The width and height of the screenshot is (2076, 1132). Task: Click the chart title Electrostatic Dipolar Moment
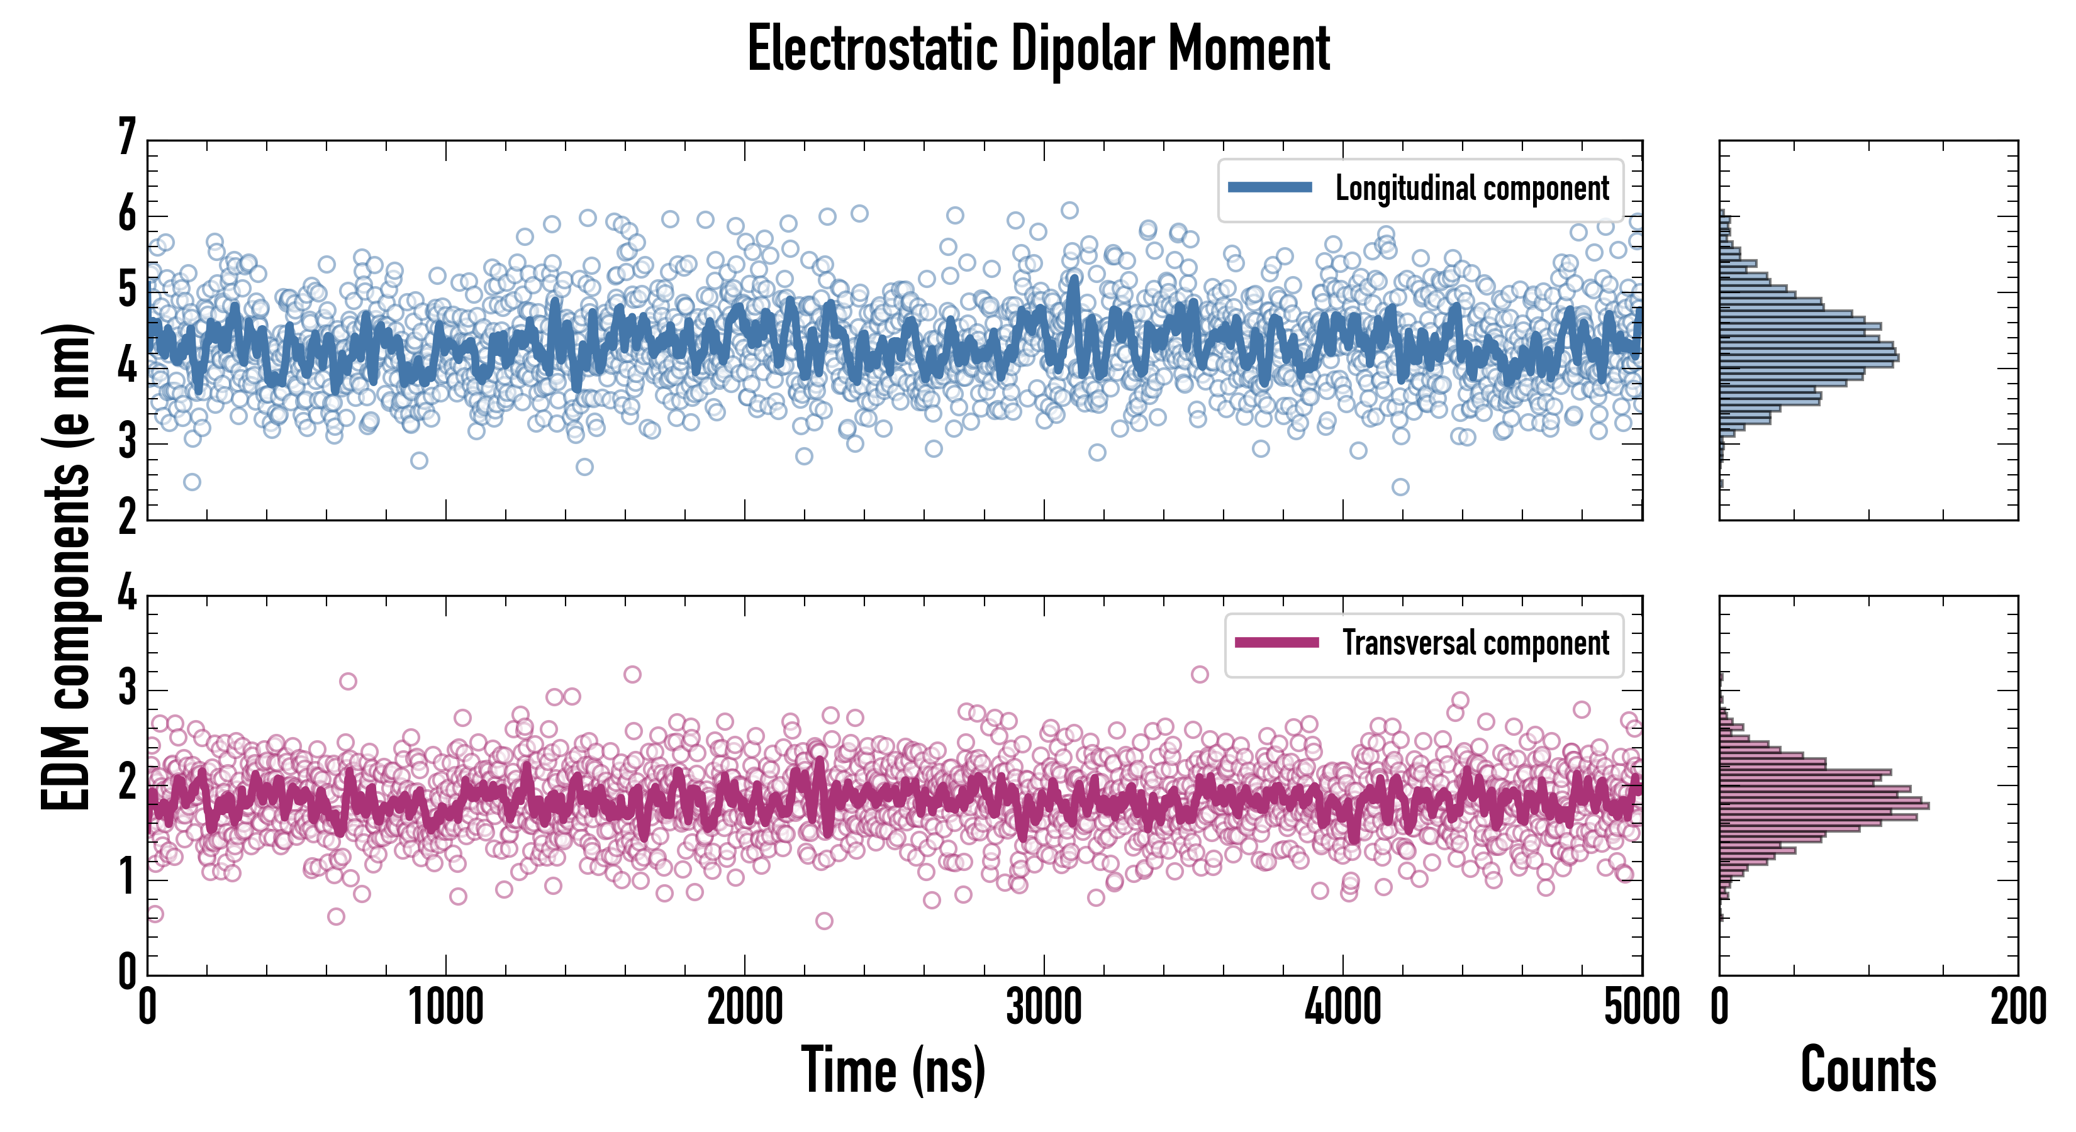point(1038,50)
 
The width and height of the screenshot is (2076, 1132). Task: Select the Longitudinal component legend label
point(1471,189)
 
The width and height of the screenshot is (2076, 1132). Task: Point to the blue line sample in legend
point(1270,188)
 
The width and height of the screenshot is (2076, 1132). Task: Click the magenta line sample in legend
point(1276,643)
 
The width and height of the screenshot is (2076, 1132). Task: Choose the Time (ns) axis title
point(893,1070)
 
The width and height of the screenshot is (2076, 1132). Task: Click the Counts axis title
point(1868,1070)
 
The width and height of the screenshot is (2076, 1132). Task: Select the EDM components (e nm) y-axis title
point(66,567)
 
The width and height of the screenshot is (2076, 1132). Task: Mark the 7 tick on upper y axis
point(127,138)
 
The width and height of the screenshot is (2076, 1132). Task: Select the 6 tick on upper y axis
point(127,215)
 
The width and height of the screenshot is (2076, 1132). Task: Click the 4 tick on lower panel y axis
point(127,594)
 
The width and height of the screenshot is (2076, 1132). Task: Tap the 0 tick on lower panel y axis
point(127,972)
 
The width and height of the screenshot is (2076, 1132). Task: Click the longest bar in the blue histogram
point(1809,358)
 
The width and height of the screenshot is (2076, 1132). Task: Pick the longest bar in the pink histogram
point(1824,806)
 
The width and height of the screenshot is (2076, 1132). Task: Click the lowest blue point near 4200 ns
point(1400,487)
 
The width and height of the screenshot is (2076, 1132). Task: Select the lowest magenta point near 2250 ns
point(823,921)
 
